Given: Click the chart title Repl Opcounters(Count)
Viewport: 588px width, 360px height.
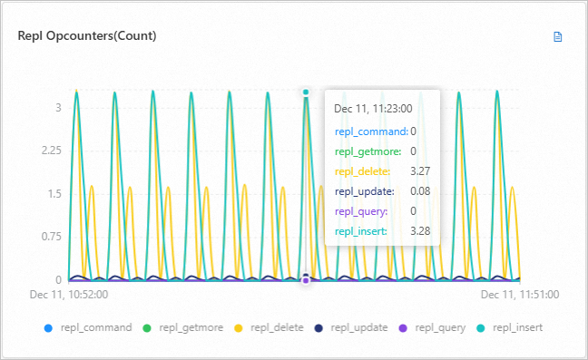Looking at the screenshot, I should click(87, 36).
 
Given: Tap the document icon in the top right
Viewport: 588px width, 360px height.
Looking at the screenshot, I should click(558, 37).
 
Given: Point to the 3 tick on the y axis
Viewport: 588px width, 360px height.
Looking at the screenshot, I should click(58, 107).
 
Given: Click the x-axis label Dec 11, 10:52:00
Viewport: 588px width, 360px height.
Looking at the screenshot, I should click(69, 295).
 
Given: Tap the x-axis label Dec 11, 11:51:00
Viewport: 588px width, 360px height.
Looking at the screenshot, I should click(519, 295).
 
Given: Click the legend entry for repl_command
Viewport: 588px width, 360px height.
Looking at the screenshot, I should click(89, 327).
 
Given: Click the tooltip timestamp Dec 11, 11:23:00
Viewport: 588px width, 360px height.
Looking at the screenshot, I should click(373, 109).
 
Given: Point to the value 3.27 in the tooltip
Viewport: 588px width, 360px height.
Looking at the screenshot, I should click(419, 171).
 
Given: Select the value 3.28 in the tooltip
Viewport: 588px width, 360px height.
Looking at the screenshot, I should click(419, 232).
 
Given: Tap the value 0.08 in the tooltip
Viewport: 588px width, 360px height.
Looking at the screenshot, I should click(419, 191).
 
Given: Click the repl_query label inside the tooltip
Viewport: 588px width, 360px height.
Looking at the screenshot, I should click(360, 211).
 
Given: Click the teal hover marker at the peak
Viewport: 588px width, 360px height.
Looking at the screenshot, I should click(307, 92).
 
